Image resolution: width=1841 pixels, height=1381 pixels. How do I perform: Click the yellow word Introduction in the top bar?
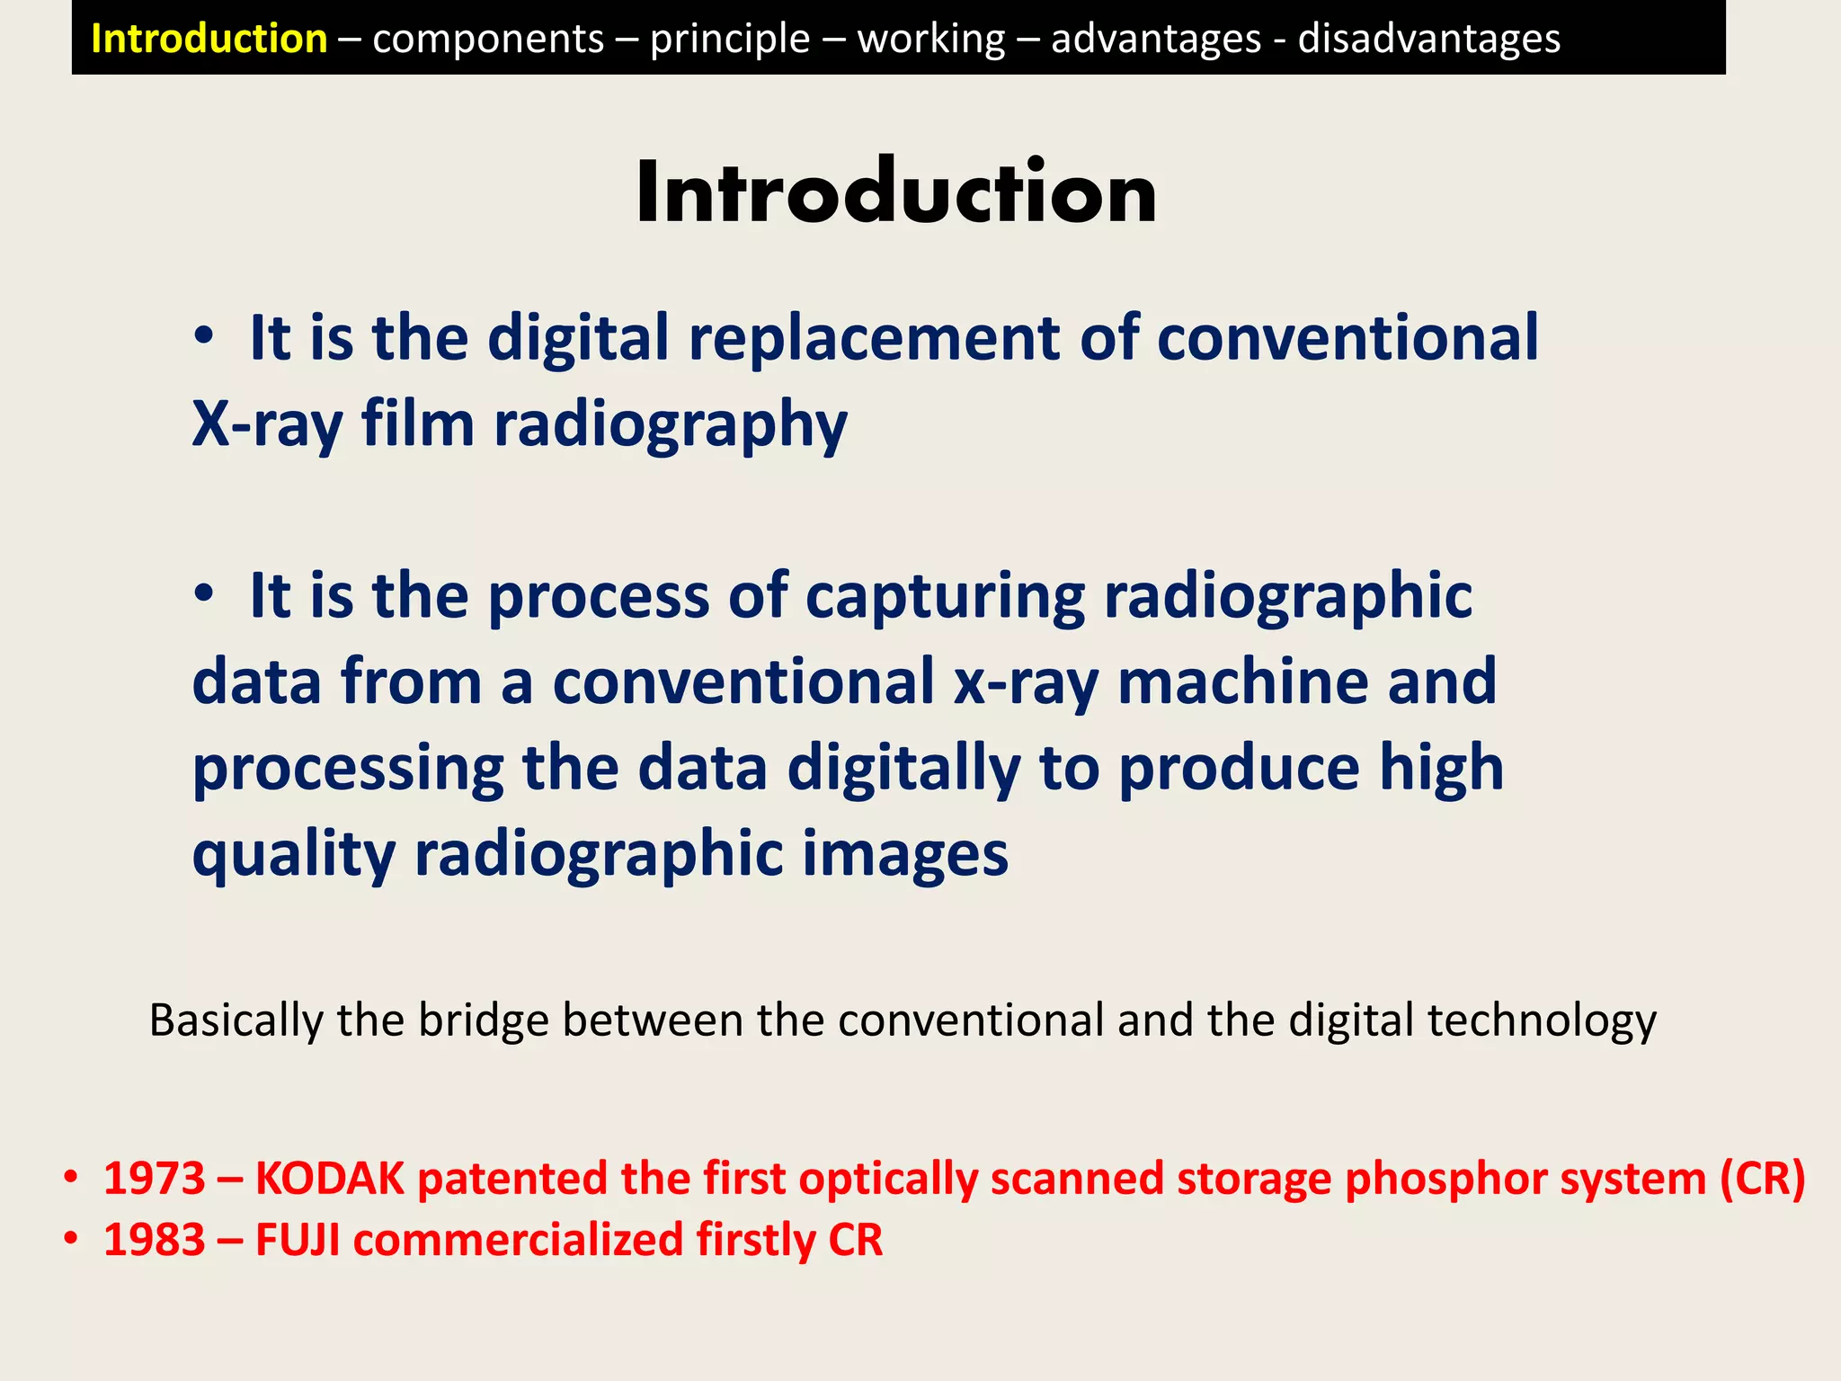click(209, 39)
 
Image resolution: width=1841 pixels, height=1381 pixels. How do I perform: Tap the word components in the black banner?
click(488, 40)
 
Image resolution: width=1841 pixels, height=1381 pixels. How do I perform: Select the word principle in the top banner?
click(730, 40)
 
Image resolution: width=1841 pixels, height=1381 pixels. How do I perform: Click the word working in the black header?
click(930, 40)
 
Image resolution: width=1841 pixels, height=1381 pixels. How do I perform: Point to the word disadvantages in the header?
click(1428, 39)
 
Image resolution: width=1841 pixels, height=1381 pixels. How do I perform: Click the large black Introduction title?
click(896, 192)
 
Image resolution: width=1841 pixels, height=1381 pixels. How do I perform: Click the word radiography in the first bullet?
click(670, 424)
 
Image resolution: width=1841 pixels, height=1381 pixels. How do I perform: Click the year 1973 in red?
click(155, 1178)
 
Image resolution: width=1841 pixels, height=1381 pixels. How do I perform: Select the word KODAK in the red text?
click(330, 1178)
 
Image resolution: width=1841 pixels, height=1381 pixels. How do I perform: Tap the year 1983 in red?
click(155, 1240)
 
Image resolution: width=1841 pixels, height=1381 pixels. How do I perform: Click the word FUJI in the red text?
click(298, 1240)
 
